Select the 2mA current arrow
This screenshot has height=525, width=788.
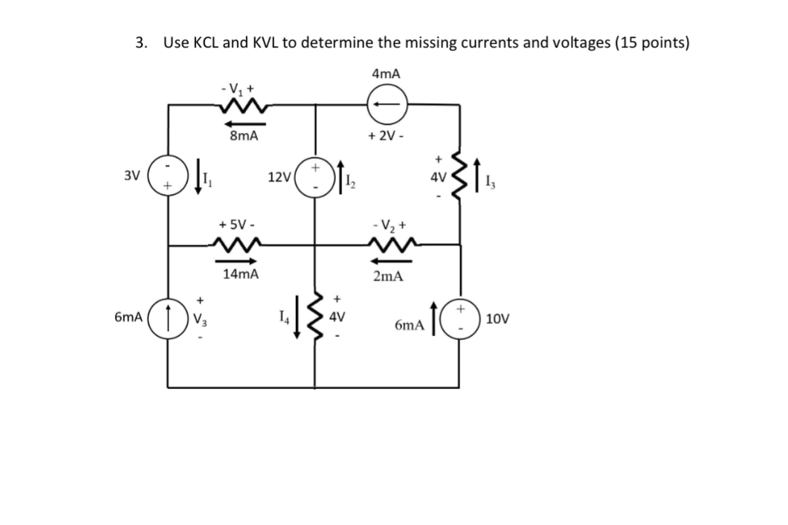click(387, 260)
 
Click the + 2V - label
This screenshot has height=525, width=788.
click(386, 136)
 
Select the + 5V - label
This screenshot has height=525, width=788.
click(239, 222)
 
